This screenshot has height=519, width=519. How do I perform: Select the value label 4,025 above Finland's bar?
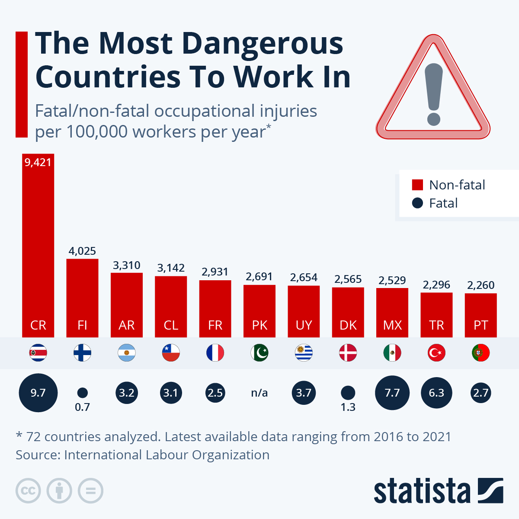click(x=82, y=251)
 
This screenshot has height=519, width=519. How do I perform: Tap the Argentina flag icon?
click(x=127, y=353)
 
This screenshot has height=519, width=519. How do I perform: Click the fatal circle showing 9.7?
click(x=38, y=393)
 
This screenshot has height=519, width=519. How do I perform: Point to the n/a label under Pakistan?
click(x=259, y=393)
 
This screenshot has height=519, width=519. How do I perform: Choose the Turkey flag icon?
click(x=436, y=353)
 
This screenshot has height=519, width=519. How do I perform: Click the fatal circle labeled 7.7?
click(x=392, y=393)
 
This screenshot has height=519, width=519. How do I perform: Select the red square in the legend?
click(x=417, y=185)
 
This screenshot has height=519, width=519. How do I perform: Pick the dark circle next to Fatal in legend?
click(x=417, y=203)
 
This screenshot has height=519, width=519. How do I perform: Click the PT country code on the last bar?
click(x=481, y=325)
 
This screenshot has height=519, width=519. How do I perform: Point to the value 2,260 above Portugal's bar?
click(x=481, y=285)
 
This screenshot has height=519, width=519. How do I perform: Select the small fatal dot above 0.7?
click(x=82, y=393)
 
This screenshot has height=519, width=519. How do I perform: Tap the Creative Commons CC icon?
click(x=28, y=491)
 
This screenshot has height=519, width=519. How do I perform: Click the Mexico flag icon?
click(x=392, y=353)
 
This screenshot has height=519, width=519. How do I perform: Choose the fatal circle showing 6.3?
click(x=436, y=393)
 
